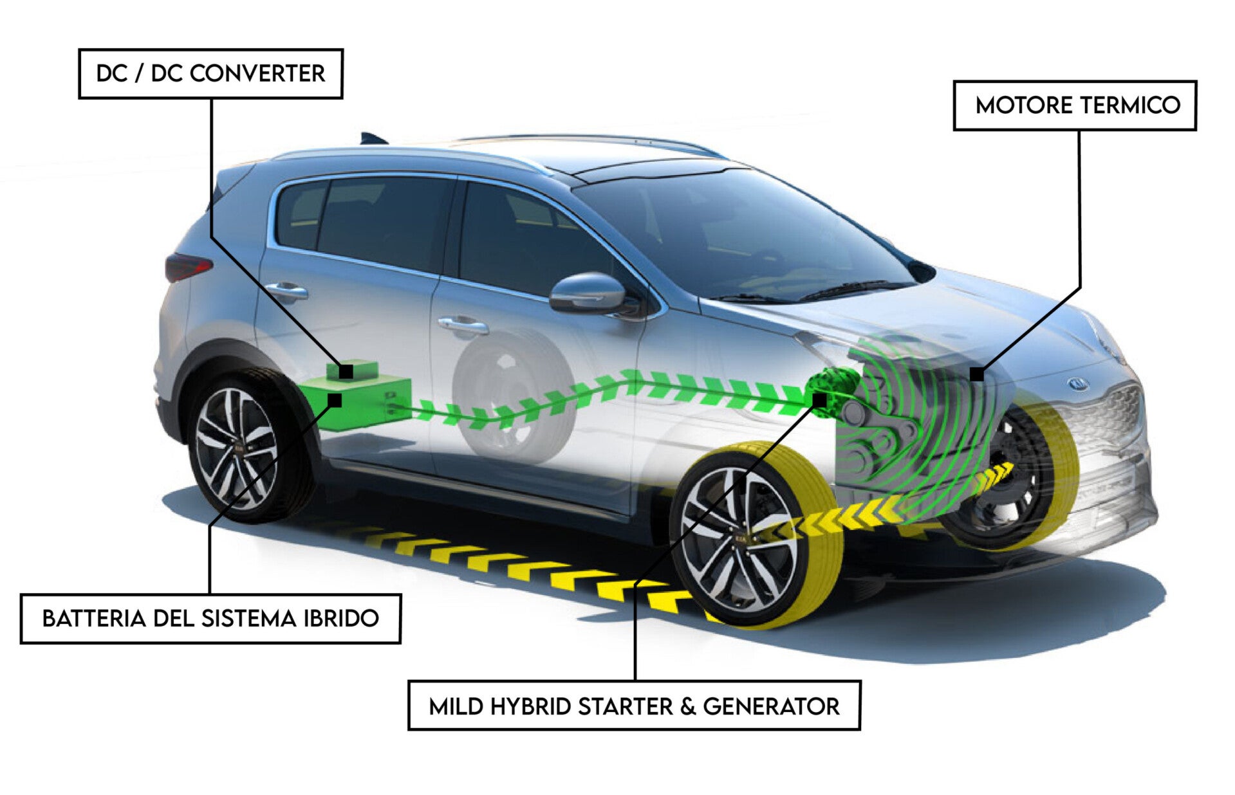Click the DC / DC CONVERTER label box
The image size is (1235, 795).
[210, 74]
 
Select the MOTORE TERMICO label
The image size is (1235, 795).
[1074, 105]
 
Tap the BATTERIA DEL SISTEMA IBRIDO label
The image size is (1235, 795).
[210, 619]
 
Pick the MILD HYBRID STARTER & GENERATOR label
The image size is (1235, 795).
[634, 706]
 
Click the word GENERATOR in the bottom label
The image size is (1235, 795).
[771, 706]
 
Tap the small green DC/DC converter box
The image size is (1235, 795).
[360, 369]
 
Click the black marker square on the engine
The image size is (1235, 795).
[977, 374]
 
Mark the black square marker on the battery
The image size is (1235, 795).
[334, 400]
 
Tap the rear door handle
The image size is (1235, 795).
[287, 291]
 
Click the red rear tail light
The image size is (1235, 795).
[187, 266]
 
